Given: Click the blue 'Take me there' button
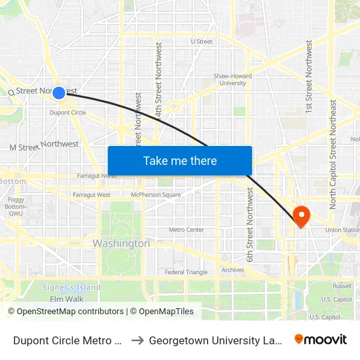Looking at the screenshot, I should coord(180,161).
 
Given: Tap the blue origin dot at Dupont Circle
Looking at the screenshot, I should coord(59,93).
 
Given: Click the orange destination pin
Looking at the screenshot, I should coord(302,216).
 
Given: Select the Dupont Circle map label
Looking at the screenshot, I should coord(68,113).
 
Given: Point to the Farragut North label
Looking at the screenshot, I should coord(97,176).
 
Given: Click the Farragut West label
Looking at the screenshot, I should coord(92,195).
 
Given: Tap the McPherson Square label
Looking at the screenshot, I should coord(156,195).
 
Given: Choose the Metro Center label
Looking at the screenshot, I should coord(187,230).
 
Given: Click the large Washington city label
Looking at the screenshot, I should coord(121,243).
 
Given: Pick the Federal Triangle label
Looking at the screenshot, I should coord(186,272).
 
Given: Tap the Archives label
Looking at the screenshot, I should coord(232,270).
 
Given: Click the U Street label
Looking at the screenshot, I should coord(202,41).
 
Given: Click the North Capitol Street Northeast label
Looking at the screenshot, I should coord(333,154).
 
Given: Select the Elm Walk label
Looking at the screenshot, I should coord(66,299).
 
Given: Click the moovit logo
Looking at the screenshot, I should coord(321,339).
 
